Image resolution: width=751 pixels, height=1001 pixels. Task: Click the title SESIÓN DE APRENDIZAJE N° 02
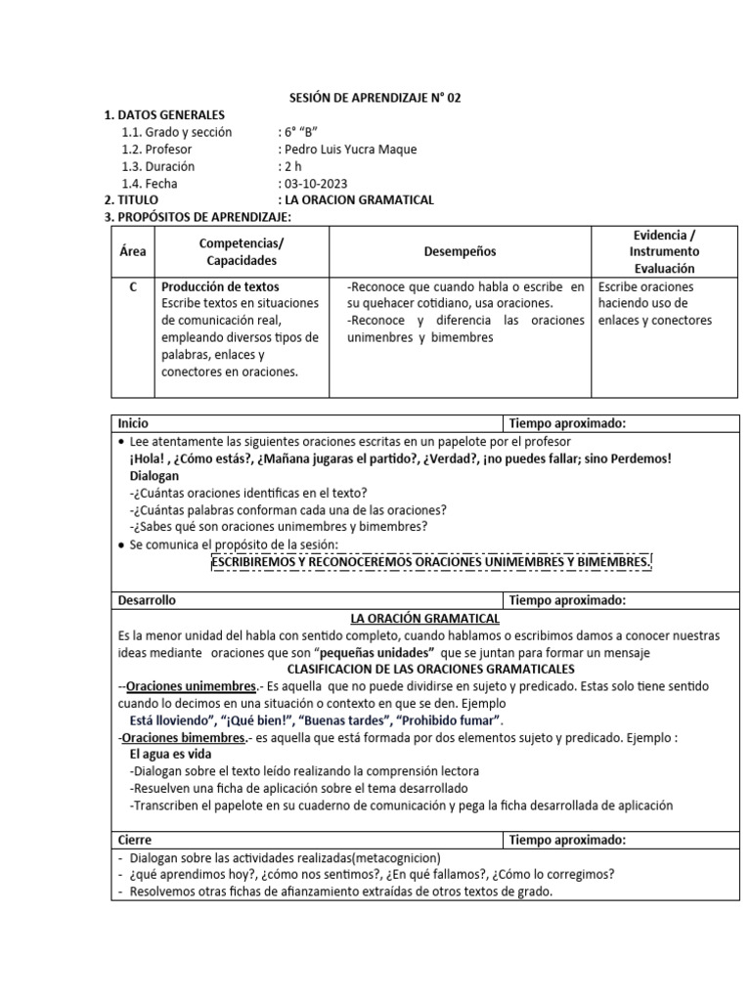375,99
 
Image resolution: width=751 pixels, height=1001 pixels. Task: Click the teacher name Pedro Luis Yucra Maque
347,150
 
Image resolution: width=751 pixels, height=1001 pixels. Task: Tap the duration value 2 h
291,166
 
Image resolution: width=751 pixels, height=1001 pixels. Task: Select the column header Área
133,251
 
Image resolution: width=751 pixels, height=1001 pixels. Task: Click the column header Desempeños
460,251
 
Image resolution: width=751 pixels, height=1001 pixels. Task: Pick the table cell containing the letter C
133,287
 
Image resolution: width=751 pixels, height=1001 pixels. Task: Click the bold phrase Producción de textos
220,287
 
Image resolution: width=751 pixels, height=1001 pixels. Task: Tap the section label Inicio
134,423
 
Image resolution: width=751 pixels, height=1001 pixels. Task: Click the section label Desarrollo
147,600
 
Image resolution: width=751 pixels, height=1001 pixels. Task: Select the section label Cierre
135,840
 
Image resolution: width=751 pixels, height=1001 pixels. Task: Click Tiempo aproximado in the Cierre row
567,840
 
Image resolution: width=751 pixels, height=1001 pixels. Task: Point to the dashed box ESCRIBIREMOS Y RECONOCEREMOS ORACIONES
431,563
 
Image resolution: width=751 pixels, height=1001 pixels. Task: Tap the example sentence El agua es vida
171,754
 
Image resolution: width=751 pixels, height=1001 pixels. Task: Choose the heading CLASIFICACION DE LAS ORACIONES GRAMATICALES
430,669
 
